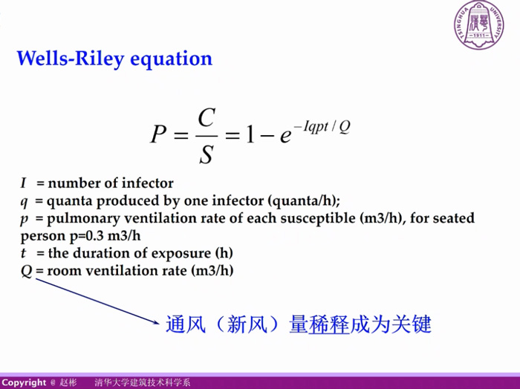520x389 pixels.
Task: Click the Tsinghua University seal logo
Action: (x=479, y=24)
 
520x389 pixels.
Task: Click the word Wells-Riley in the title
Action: (x=71, y=59)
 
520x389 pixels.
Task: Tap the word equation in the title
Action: (x=171, y=59)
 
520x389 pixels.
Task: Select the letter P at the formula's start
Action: (x=158, y=134)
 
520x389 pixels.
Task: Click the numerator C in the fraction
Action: (x=207, y=117)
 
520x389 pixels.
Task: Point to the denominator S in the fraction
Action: (x=206, y=154)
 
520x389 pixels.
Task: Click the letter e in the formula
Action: (x=285, y=136)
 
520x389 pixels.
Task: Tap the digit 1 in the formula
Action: (x=250, y=134)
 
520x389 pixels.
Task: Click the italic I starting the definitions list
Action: (x=23, y=183)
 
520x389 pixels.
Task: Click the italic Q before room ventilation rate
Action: (x=27, y=271)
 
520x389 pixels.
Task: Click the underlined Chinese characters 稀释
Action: (x=329, y=324)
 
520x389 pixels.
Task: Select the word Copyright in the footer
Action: (x=24, y=383)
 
